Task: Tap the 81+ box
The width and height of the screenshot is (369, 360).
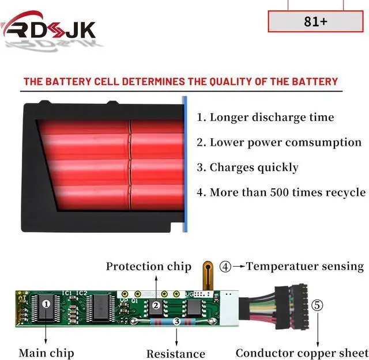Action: tap(315, 21)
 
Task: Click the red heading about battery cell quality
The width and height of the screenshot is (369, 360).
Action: tap(180, 81)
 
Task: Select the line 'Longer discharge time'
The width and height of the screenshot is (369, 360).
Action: tap(265, 118)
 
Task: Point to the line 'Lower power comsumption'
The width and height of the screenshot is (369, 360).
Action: tap(279, 142)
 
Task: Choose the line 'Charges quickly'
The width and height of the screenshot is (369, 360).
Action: tap(247, 168)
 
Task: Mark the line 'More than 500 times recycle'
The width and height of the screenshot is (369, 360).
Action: tap(281, 192)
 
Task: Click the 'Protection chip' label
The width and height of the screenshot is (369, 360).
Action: tap(148, 266)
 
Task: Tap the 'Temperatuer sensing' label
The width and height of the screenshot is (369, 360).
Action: tap(305, 266)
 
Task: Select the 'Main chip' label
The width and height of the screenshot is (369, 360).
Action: tap(46, 353)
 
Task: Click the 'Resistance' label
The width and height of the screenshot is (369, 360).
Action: tap(176, 354)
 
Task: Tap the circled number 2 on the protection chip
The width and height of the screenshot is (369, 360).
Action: tap(155, 306)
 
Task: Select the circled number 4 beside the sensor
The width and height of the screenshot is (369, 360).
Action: tap(225, 266)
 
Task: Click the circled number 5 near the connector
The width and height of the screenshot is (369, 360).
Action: tap(318, 305)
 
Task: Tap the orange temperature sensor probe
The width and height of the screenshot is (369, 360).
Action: tap(208, 276)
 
